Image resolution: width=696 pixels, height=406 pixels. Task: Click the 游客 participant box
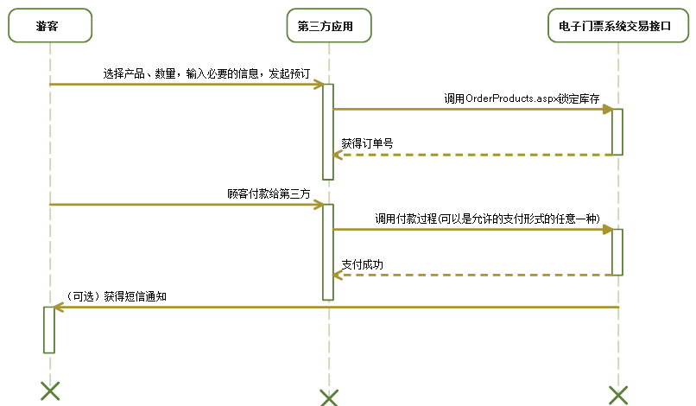pos(50,27)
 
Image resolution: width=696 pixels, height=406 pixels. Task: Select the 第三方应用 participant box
pos(328,27)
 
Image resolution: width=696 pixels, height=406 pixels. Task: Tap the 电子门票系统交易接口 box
pos(617,27)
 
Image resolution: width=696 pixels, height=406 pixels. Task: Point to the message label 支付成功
pos(362,264)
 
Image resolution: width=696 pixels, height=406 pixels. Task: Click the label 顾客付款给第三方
pos(268,194)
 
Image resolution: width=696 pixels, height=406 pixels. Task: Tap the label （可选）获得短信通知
pos(116,295)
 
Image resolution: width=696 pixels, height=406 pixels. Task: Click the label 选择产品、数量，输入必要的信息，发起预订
pos(206,73)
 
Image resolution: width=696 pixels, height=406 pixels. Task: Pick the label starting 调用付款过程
pos(487,219)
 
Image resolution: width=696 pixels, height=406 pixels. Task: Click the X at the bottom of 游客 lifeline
pos(50,390)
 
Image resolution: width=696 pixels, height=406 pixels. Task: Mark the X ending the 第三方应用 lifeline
pos(328,397)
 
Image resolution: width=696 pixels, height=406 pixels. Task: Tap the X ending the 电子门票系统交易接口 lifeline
pos(617,395)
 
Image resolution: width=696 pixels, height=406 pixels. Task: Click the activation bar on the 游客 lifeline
pos(49,329)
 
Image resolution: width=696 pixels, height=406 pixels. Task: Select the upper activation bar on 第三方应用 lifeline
pos(328,131)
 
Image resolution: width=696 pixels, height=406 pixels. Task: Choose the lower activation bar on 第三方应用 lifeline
pos(328,252)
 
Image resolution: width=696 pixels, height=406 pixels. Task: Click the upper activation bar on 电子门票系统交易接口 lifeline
pos(617,131)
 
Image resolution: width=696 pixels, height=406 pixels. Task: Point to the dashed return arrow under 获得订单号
pos(475,155)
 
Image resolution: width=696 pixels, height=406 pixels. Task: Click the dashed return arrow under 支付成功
pos(475,276)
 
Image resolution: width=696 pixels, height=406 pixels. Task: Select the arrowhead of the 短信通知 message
pos(58,307)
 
